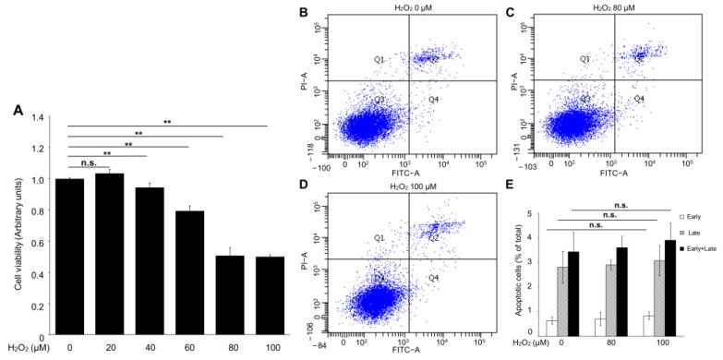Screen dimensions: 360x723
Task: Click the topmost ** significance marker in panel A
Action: [168, 121]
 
